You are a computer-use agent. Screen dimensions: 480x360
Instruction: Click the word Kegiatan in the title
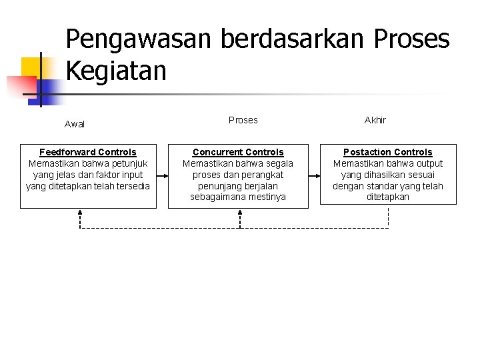click(x=116, y=70)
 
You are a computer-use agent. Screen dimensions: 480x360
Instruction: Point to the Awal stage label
click(x=75, y=124)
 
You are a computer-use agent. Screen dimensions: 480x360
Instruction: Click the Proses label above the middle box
click(x=243, y=120)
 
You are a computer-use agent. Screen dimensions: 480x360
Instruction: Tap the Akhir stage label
click(x=375, y=120)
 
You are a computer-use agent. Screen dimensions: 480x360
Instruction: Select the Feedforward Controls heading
click(x=87, y=152)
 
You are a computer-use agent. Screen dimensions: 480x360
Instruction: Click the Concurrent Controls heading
click(x=238, y=152)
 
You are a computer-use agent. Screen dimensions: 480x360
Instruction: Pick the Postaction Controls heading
click(x=387, y=152)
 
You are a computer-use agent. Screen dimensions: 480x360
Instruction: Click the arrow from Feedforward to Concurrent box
click(x=162, y=175)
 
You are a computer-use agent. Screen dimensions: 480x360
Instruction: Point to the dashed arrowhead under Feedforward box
click(x=80, y=213)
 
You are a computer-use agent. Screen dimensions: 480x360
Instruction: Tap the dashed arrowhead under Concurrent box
click(x=239, y=213)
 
